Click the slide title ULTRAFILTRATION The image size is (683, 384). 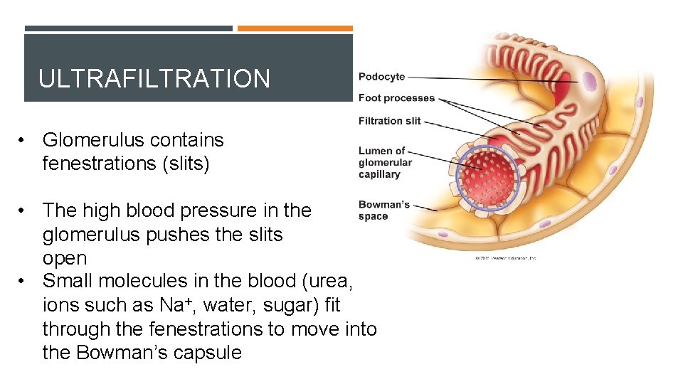154,78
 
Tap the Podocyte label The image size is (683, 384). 381,77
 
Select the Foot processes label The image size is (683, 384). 396,98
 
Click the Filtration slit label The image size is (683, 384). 390,121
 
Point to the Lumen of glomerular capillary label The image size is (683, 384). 384,162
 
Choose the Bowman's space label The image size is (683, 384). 383,210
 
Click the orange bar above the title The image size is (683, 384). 295,28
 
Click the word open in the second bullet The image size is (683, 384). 65,258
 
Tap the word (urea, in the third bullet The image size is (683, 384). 325,282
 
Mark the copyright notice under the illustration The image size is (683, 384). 505,257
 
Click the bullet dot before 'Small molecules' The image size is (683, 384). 24,282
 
